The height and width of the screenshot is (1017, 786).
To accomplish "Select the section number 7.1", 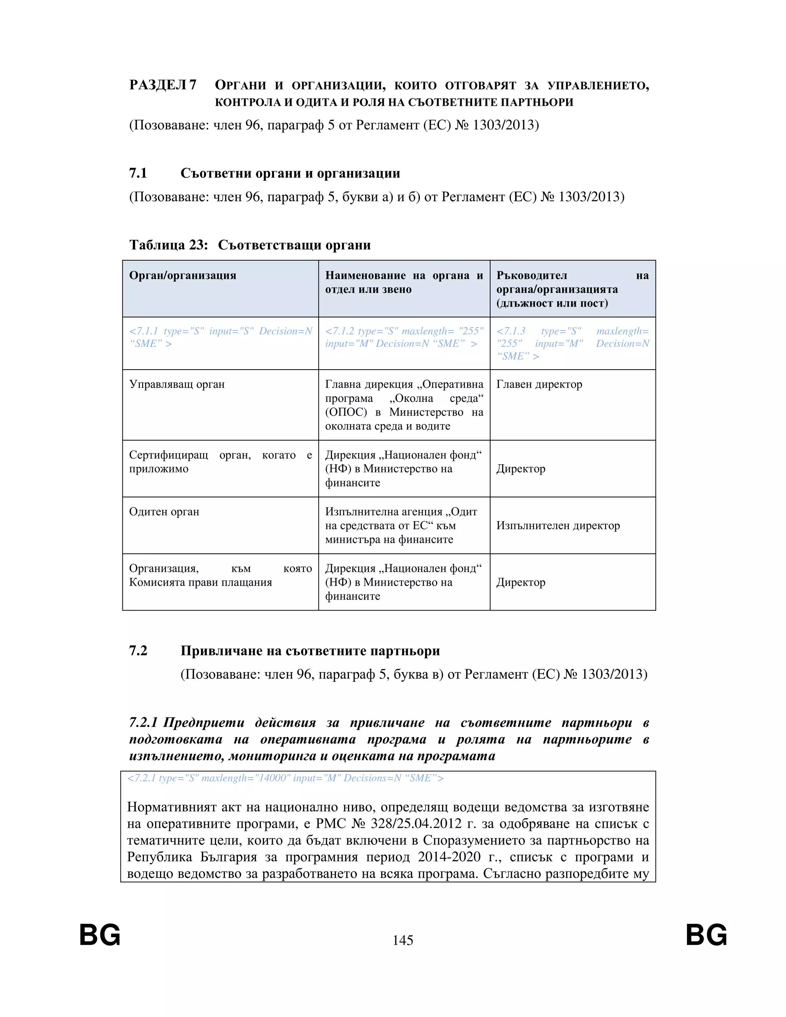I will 138,173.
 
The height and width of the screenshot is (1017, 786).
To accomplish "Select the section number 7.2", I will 138,650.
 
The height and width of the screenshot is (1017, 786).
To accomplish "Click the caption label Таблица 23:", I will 168,245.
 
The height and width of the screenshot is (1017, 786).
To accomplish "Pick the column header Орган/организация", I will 183,275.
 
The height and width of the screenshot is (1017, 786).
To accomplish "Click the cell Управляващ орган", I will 177,384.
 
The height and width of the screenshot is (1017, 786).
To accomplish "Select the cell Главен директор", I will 539,384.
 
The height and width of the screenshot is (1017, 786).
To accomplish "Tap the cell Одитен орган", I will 164,511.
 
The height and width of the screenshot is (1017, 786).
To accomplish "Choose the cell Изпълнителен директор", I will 558,525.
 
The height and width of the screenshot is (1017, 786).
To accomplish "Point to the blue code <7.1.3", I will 511,331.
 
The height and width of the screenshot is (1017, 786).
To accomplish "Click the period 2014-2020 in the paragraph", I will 449,857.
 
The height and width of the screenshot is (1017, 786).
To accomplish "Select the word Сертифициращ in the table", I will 168,455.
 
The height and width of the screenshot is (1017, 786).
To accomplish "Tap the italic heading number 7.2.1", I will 144,723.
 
